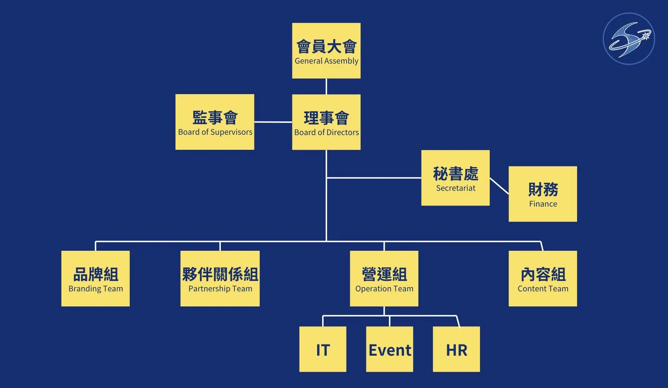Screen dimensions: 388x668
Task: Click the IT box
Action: tap(322, 349)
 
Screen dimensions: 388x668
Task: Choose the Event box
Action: tap(389, 349)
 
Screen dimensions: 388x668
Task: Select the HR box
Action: tap(456, 349)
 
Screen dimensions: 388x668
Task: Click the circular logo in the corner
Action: tap(629, 39)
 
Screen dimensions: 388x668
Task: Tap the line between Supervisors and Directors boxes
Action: tap(273, 122)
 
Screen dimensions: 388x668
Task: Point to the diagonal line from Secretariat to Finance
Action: tap(499, 186)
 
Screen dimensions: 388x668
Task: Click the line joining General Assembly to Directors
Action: tap(326, 86)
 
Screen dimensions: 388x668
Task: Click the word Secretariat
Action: tap(456, 188)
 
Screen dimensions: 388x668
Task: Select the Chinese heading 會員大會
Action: tap(326, 47)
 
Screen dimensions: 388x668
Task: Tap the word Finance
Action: tap(543, 204)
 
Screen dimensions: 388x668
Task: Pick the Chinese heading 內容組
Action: tap(543, 274)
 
